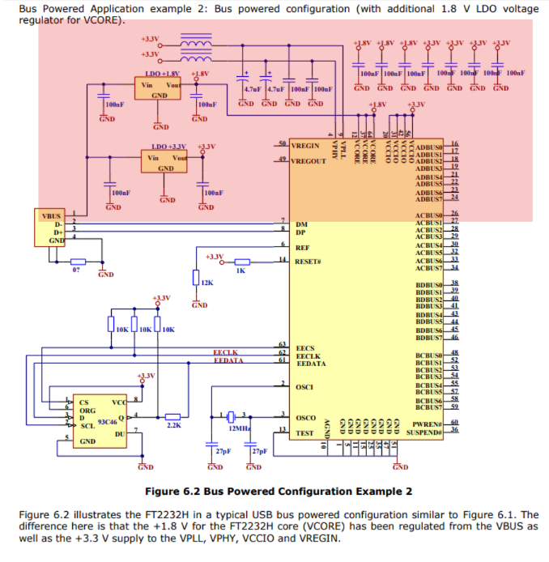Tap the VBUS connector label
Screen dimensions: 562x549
click(x=49, y=215)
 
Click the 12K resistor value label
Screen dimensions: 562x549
click(x=207, y=283)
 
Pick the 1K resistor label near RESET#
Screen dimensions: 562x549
click(x=240, y=270)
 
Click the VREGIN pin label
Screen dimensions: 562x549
click(x=305, y=146)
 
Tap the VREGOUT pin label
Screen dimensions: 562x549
click(x=308, y=161)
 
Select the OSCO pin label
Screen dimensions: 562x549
click(x=305, y=418)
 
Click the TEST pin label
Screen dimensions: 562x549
click(x=304, y=432)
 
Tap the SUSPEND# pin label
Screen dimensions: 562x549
click(x=427, y=432)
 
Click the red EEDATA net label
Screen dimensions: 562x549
click(x=228, y=361)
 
